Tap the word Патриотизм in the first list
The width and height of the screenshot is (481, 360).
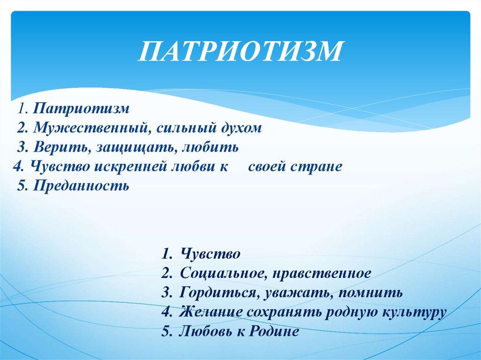[81, 108]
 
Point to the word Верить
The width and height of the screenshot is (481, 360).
[62, 147]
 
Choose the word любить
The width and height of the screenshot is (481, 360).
[210, 147]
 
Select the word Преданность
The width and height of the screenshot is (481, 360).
[81, 186]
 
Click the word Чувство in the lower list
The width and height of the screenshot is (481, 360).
[210, 254]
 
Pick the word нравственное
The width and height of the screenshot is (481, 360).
[321, 274]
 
